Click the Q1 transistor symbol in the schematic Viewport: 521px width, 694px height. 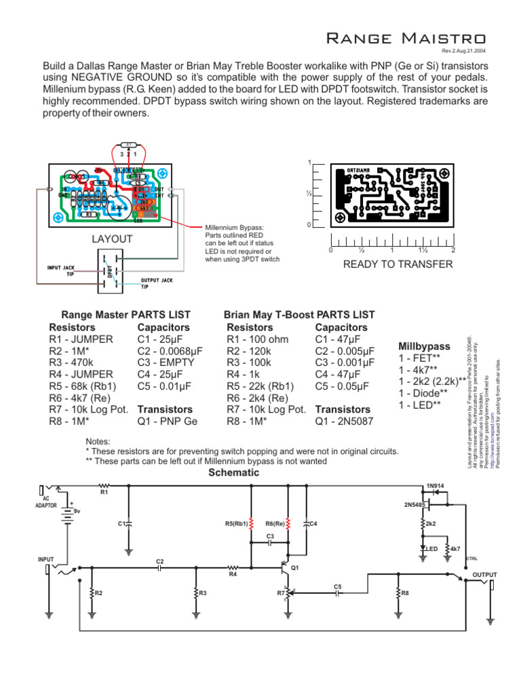tap(285, 573)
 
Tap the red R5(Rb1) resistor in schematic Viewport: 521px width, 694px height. tap(252, 524)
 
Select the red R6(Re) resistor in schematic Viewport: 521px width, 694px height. tap(288, 524)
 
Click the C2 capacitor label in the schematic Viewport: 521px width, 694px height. tap(160, 561)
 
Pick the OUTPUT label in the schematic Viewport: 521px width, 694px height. tap(484, 575)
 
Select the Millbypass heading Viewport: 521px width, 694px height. tap(423, 346)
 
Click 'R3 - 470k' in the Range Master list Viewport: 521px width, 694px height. tap(75, 363)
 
